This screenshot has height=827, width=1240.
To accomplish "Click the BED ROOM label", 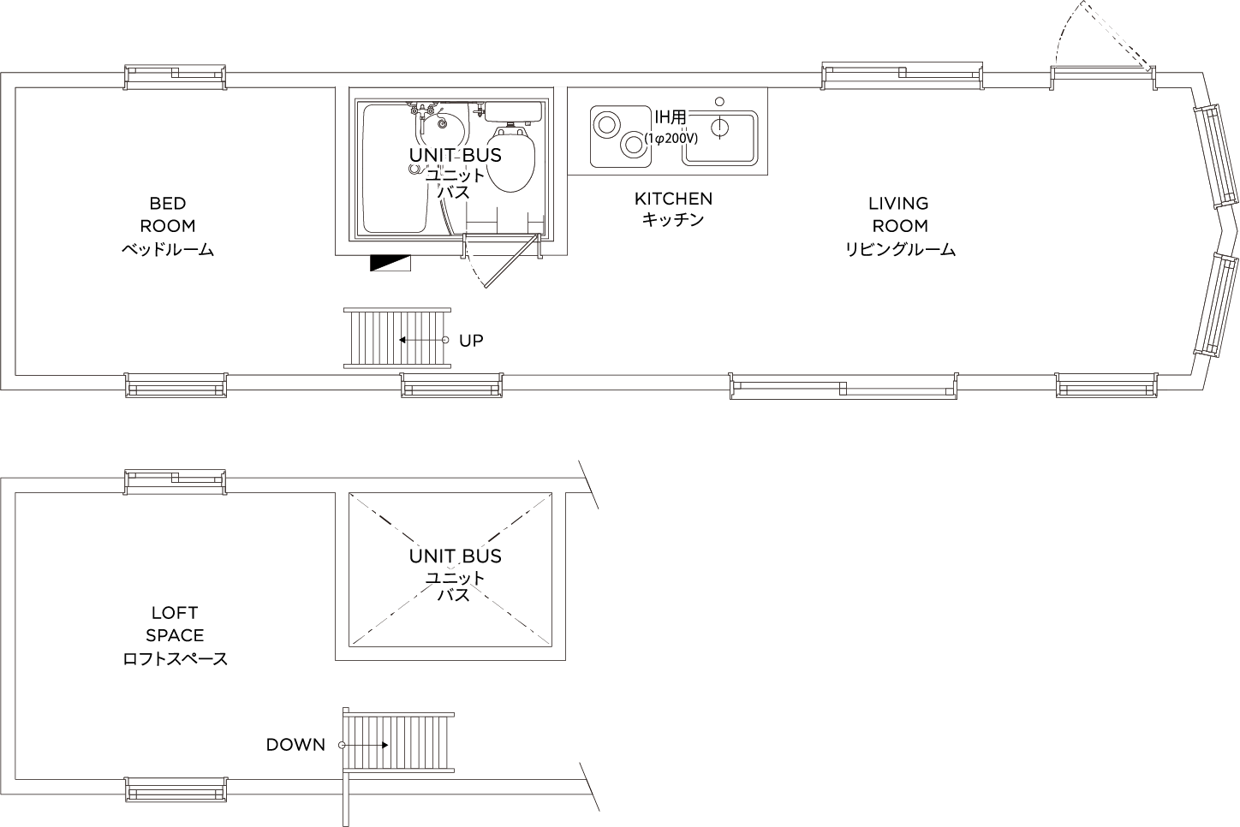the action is pos(167,226).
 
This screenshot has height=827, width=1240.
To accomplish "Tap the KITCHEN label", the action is pos(672,208).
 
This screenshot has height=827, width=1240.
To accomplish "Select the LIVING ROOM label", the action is pos(898,226).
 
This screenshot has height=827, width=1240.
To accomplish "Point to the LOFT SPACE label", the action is pos(174,635).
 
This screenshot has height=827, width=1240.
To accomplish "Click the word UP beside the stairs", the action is pos(471,341).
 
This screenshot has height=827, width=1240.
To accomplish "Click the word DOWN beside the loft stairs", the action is pos(295,745).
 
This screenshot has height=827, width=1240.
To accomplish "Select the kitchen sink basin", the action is pos(719,137).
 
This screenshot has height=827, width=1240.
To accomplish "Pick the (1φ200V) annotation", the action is pos(671,137).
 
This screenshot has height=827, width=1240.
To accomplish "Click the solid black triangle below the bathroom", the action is pos(390,264).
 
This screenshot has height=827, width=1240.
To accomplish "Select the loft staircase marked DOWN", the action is pos(397,743).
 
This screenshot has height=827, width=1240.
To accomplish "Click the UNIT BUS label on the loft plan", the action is pos(455,556).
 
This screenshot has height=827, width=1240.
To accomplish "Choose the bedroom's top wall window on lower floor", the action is pos(176,77).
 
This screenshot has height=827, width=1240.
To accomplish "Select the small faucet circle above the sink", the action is pos(719,101).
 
